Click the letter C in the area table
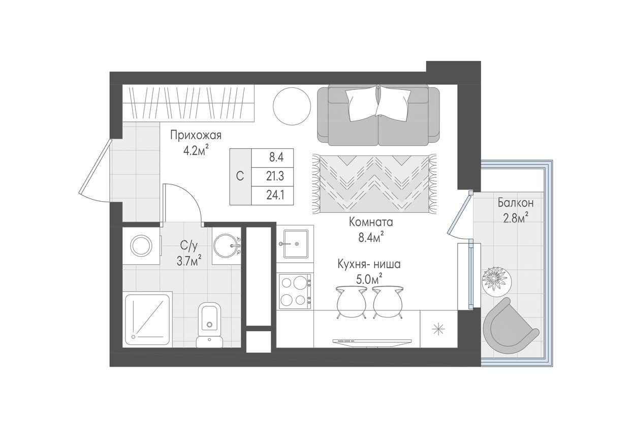coord(240,176)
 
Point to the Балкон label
coord(515,203)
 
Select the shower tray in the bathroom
coord(148,319)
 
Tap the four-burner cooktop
coord(295,291)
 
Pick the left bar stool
coord(351,302)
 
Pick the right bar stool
coord(388,302)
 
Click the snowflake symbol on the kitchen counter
coord(438,329)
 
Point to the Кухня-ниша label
coord(369,265)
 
